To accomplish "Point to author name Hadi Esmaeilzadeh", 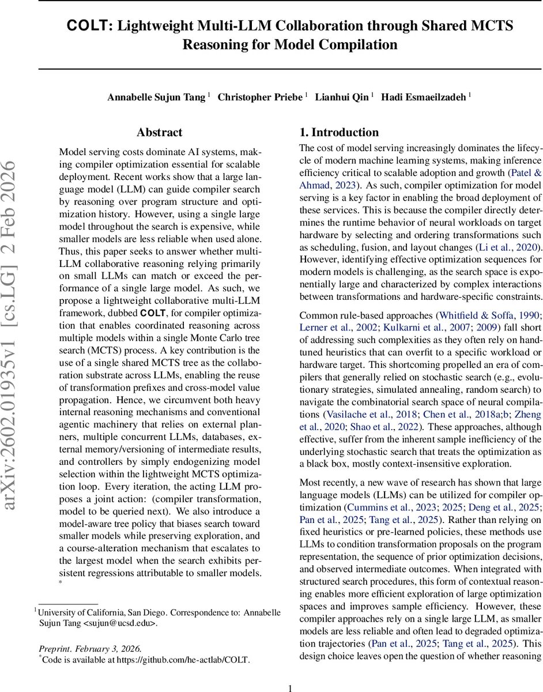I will click(x=425, y=97).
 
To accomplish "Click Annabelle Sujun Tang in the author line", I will click(x=156, y=97).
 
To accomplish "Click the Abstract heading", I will click(x=160, y=133).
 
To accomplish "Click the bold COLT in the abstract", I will click(x=153, y=313).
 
